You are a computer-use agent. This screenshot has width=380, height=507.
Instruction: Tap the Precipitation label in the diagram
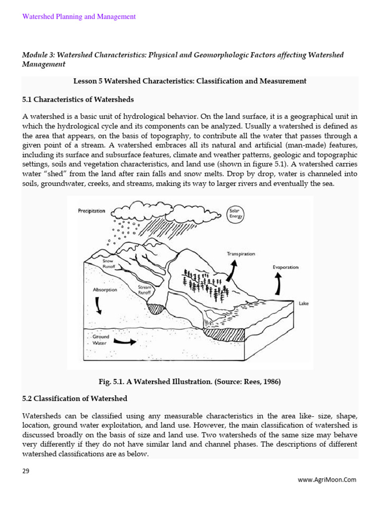(x=92, y=211)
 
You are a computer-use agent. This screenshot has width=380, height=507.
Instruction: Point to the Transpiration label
(x=241, y=254)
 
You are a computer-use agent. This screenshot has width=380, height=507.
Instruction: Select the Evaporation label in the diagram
(x=285, y=267)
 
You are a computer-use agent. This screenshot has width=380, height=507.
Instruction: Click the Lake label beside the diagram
(x=303, y=304)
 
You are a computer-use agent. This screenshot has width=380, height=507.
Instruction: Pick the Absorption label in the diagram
(x=105, y=290)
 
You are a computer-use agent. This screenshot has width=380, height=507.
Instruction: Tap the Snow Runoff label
(x=108, y=263)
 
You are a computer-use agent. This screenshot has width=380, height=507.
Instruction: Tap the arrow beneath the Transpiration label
(x=233, y=268)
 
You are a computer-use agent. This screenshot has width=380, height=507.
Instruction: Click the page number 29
(x=26, y=471)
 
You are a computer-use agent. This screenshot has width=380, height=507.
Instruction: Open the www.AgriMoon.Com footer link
(x=326, y=479)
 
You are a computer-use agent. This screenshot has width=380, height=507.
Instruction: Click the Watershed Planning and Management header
(x=79, y=17)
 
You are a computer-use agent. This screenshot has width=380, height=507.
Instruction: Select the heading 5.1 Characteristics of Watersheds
(x=78, y=100)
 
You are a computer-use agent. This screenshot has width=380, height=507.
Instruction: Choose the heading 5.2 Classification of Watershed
(x=75, y=399)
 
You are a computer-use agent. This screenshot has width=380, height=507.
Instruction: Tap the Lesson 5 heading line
(x=190, y=81)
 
